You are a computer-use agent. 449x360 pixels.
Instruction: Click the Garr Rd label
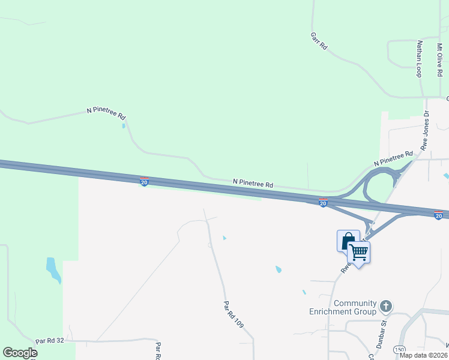coord(319,40)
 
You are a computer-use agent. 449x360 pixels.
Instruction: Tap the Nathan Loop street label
coord(420,58)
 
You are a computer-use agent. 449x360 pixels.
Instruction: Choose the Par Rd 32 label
coord(49,340)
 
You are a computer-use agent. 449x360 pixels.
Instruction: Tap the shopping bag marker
coord(348,241)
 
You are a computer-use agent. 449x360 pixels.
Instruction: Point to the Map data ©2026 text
coord(424,355)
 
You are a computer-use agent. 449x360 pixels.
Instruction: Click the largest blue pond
coord(53,270)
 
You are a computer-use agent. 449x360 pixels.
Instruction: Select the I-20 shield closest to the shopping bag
coord(323,203)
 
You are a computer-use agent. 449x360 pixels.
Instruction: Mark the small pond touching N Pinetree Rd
coord(124,126)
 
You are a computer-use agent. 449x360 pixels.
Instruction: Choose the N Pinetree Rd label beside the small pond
coord(106,112)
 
